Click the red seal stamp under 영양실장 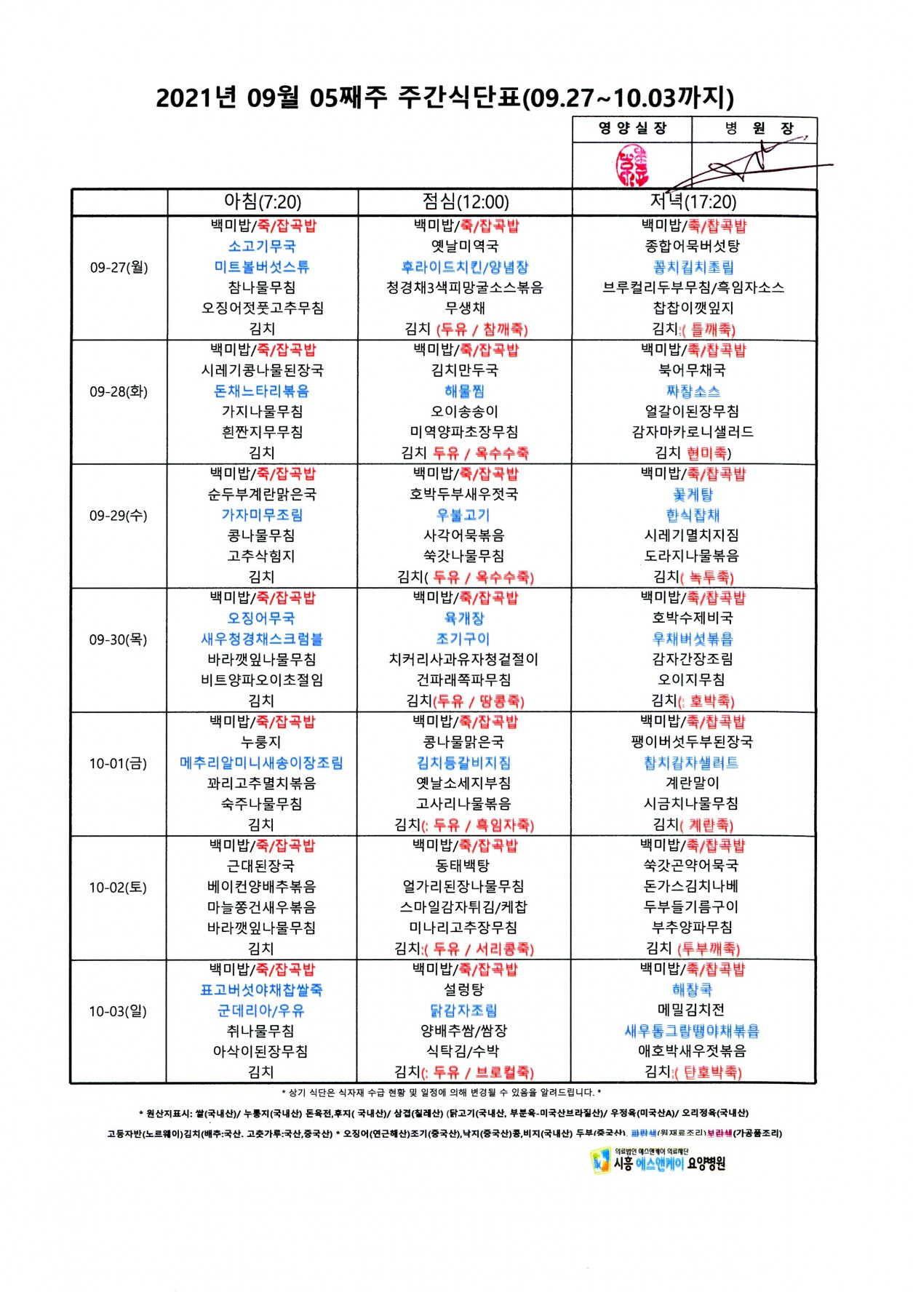pos(631,165)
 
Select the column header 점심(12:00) pos(466,202)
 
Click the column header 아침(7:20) pos(263,202)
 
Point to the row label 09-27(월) pos(119,268)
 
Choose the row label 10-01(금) pos(119,764)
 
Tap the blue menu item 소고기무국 pos(262,247)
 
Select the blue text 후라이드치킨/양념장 pos(465,268)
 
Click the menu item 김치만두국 pos(465,370)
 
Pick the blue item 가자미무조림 pos(262,515)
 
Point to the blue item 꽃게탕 pos(693,495)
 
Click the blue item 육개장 pos(464,618)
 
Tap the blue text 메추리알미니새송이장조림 pos(261,763)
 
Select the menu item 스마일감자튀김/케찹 pos(464,907)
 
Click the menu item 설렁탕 pos(464,990)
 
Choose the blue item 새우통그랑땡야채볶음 pos(692,1031)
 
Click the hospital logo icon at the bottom pos(601,1161)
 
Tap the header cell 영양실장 pos(632,129)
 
